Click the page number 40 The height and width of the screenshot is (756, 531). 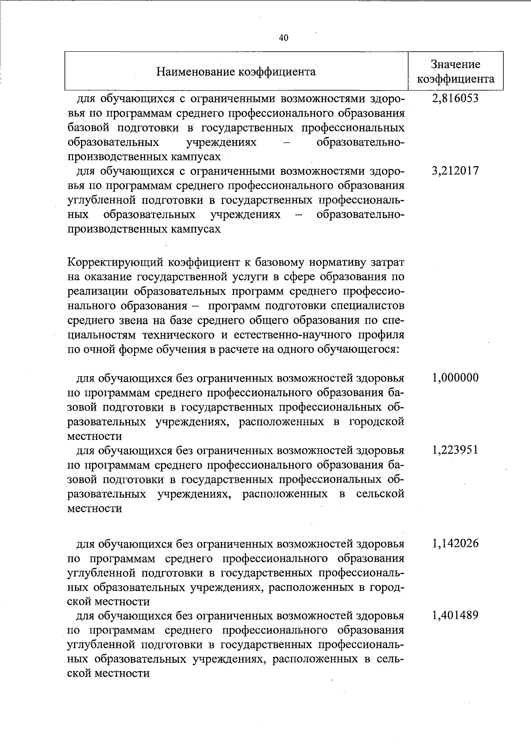(x=284, y=38)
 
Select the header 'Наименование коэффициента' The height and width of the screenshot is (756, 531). (x=236, y=72)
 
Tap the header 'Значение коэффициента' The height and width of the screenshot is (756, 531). (x=456, y=72)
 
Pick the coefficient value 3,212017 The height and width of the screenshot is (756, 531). (x=455, y=171)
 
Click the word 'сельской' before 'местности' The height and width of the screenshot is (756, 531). (x=380, y=494)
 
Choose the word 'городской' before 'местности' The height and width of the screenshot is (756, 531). (x=377, y=421)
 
